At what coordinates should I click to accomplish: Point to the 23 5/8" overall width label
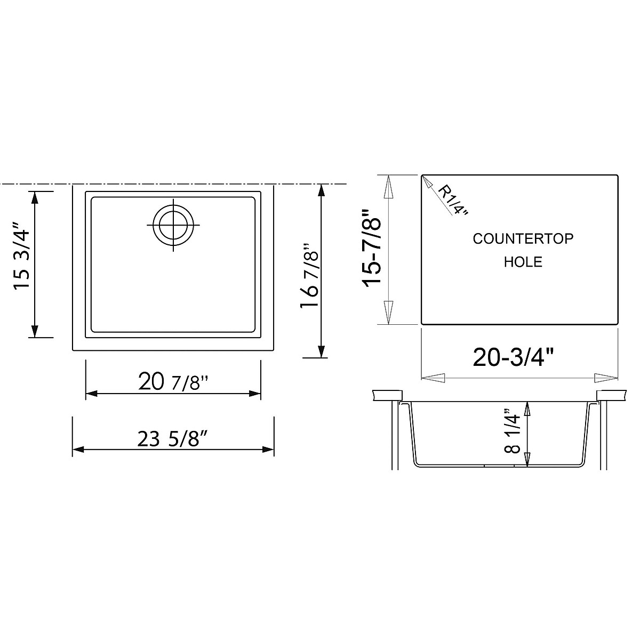click(x=172, y=439)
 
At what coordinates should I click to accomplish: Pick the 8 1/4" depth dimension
click(x=513, y=431)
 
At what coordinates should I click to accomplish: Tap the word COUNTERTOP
click(x=523, y=238)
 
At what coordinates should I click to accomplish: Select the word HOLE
click(x=523, y=262)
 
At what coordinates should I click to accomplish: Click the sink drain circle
click(x=173, y=225)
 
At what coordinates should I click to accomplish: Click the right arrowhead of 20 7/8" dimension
click(x=254, y=394)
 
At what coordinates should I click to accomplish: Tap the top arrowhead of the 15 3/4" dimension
click(x=35, y=198)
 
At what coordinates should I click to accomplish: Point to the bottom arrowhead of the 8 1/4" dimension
click(x=527, y=458)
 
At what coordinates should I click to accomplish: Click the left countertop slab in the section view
click(x=387, y=395)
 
